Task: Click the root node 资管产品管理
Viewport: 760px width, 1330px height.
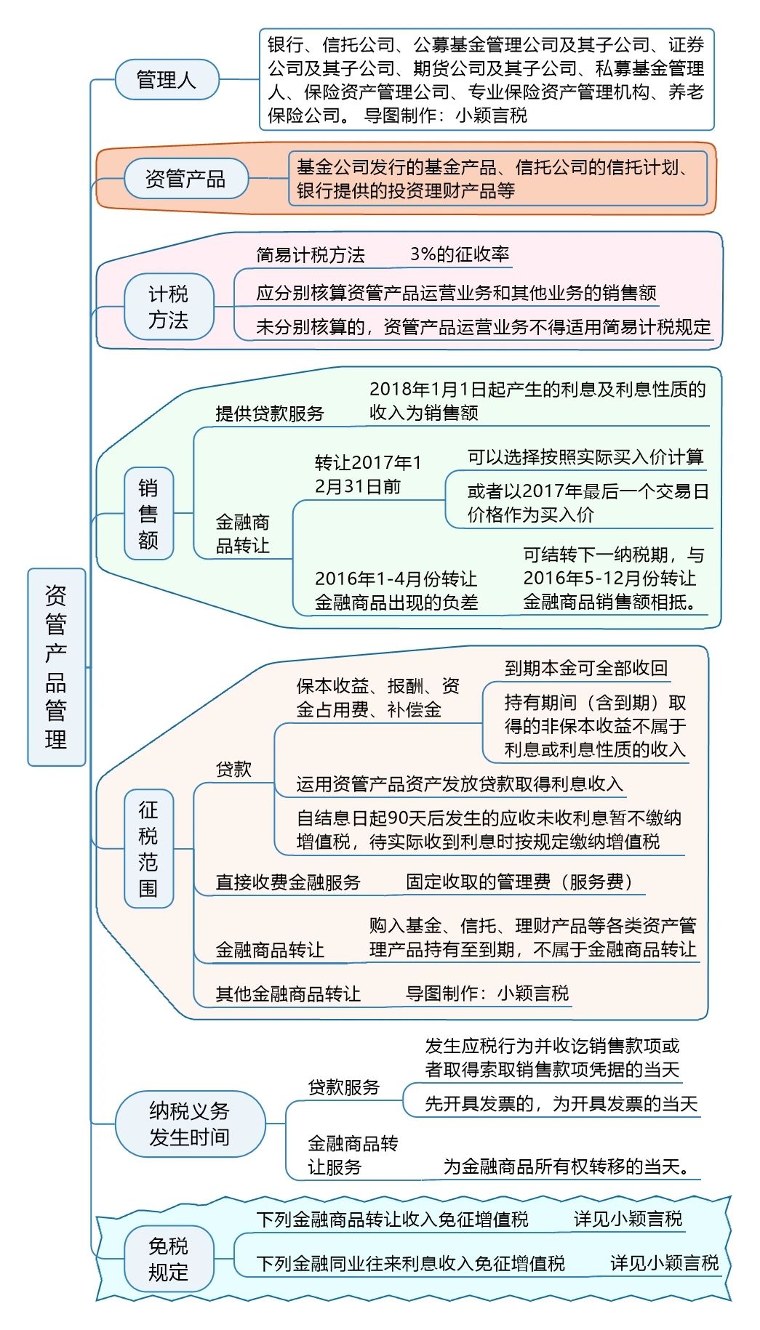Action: click(57, 667)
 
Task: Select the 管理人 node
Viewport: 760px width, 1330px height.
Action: click(167, 79)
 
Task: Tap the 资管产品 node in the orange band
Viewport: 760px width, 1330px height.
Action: click(185, 178)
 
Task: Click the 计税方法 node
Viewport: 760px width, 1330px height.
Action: click(169, 307)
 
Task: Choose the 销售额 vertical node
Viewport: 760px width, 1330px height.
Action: click(148, 514)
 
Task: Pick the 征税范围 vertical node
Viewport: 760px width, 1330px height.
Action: click(148, 849)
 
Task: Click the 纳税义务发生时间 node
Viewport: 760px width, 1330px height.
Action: click(190, 1124)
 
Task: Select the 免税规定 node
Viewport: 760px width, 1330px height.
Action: click(169, 1259)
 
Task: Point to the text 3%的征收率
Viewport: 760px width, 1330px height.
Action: click(460, 254)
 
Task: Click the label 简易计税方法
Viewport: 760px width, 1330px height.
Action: click(311, 254)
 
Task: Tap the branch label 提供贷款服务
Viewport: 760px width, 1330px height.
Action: click(270, 414)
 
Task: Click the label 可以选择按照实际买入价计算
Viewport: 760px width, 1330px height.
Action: click(585, 457)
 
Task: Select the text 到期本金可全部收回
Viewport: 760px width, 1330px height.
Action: click(586, 668)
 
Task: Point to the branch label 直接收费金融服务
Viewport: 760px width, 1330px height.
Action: click(288, 882)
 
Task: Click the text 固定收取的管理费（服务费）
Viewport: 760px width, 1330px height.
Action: click(519, 882)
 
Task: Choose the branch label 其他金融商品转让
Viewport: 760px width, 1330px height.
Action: click(288, 994)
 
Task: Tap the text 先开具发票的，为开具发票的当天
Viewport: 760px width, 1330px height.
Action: click(561, 1104)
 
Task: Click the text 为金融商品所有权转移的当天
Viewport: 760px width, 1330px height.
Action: click(567, 1166)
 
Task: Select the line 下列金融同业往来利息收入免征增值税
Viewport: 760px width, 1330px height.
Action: click(410, 1263)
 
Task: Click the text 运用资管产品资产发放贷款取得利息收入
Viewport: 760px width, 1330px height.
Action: click(460, 784)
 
